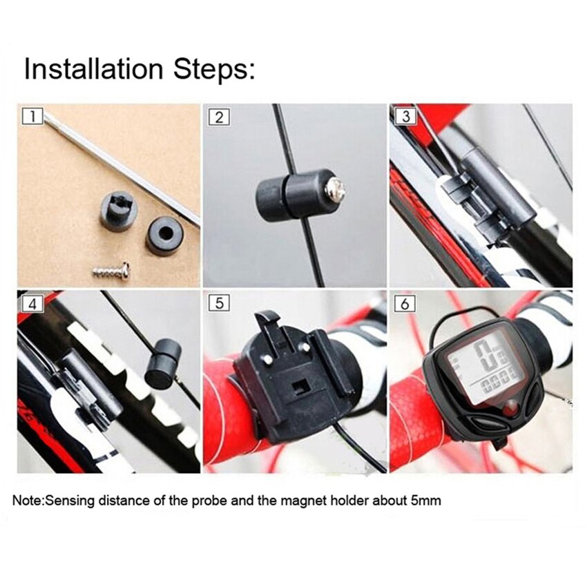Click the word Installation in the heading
(x=94, y=70)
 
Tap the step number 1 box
(x=31, y=116)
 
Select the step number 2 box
(x=218, y=116)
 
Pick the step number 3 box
(x=405, y=116)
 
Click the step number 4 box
(x=31, y=302)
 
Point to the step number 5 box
(x=218, y=302)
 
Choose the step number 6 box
(x=405, y=302)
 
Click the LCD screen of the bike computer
(x=481, y=369)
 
